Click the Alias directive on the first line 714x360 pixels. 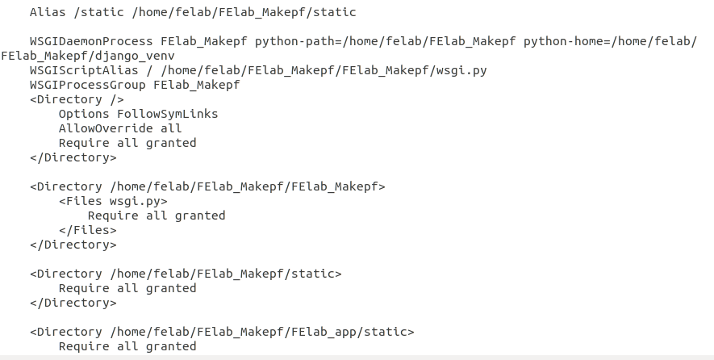(x=48, y=12)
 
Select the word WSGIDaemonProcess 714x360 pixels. (x=91, y=41)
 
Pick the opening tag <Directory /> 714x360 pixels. (x=77, y=99)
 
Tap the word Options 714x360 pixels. (x=84, y=114)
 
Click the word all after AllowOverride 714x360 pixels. (x=171, y=128)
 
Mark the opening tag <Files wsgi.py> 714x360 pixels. (x=113, y=201)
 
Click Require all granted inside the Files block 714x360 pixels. (x=157, y=216)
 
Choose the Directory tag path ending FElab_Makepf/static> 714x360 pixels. (x=225, y=274)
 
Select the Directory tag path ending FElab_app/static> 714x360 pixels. (x=261, y=332)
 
